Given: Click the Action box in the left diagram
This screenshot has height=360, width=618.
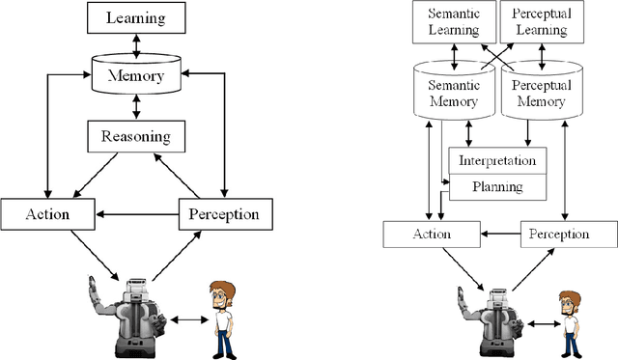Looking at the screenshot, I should click(x=48, y=213).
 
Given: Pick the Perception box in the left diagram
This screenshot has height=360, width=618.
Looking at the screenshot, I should click(x=225, y=213).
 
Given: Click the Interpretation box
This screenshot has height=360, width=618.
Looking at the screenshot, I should click(x=497, y=160).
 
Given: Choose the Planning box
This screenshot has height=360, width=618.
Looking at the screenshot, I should click(x=497, y=186).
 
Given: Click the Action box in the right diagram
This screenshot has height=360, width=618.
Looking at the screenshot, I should click(x=431, y=234).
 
